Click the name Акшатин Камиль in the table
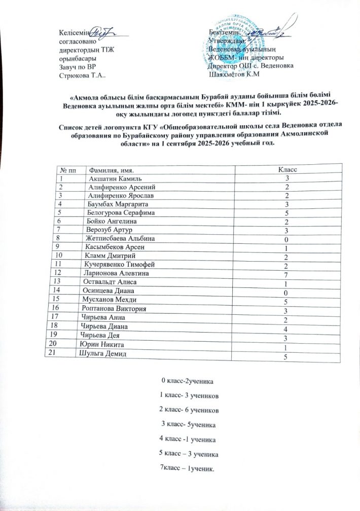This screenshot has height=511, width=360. (119, 178)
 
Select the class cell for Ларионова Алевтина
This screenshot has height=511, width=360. (286, 275)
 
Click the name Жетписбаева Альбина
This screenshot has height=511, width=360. (119, 238)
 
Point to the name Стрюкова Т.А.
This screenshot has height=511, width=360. (83, 75)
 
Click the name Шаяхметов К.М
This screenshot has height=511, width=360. (234, 75)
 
